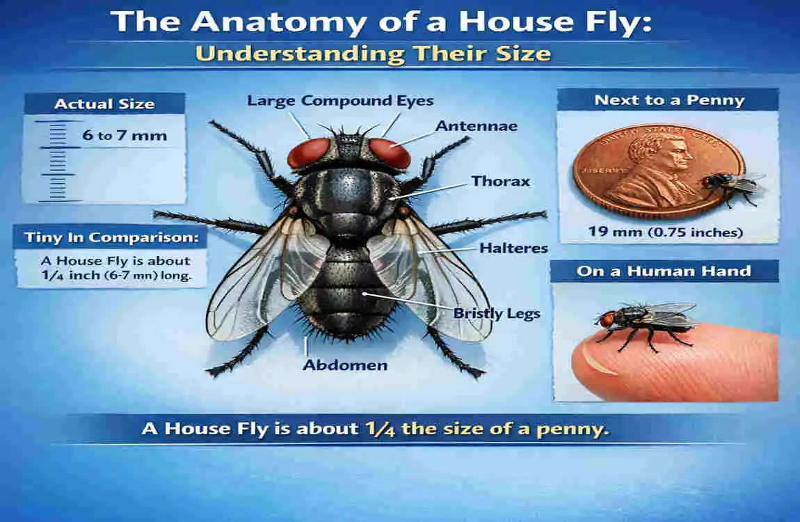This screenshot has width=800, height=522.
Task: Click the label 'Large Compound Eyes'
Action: [x=340, y=101]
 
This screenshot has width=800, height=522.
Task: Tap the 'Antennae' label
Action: [x=477, y=126]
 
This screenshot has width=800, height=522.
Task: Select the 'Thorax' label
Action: [x=501, y=181]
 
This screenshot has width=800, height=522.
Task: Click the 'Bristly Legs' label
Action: [x=497, y=313]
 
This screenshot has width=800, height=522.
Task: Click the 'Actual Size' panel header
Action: [x=104, y=104]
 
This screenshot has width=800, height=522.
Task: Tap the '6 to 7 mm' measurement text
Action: [x=124, y=135]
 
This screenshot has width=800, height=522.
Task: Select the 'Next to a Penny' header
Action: [x=669, y=100]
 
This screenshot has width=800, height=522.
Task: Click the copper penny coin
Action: [x=647, y=171]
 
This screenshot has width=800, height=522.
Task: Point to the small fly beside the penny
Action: [x=730, y=184]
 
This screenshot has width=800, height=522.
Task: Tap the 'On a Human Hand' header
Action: [x=664, y=271]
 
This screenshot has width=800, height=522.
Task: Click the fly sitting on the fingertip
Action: [x=647, y=322]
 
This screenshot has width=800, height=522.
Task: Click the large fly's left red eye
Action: [x=308, y=153]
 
